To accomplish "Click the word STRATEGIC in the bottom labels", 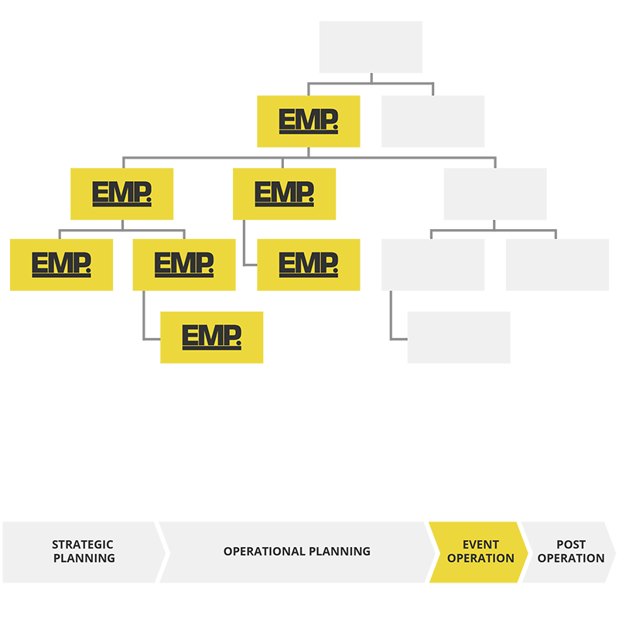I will pyautogui.click(x=83, y=545).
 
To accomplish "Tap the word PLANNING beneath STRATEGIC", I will pyautogui.click(x=84, y=558).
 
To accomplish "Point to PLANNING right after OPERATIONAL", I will pyautogui.click(x=339, y=552).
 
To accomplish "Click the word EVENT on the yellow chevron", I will pyautogui.click(x=480, y=545).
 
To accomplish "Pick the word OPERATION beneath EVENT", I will pyautogui.click(x=480, y=558).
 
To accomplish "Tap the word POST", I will pyautogui.click(x=571, y=545).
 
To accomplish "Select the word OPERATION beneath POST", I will pyautogui.click(x=571, y=558).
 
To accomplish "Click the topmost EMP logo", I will pyautogui.click(x=308, y=121).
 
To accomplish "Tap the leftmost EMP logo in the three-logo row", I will pyautogui.click(x=61, y=265).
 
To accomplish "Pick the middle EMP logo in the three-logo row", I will pyautogui.click(x=183, y=265).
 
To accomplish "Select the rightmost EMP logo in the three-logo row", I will pyautogui.click(x=308, y=265).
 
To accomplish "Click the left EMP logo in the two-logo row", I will pyautogui.click(x=121, y=193).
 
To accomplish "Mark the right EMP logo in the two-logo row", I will pyautogui.click(x=284, y=193).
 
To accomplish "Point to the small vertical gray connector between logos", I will pyautogui.click(x=246, y=248).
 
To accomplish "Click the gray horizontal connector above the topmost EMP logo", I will pyautogui.click(x=371, y=82).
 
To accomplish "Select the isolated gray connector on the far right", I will pyautogui.click(x=494, y=227).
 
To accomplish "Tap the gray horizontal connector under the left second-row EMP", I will pyautogui.click(x=122, y=227).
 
